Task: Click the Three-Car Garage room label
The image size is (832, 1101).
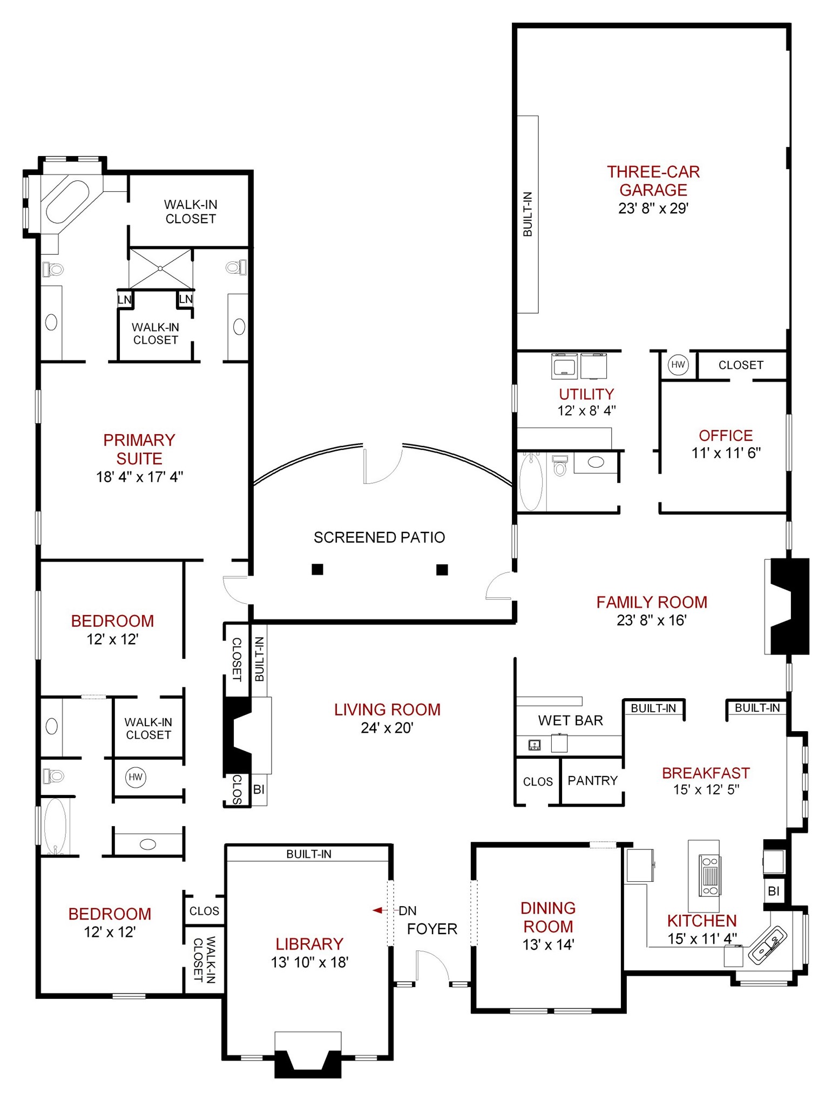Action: coord(653,180)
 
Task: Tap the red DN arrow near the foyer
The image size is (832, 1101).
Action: coord(385,910)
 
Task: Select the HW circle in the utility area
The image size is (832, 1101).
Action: coord(678,364)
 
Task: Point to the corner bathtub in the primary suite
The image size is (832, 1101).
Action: coord(67,201)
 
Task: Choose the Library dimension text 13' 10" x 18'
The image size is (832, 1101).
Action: coord(309,962)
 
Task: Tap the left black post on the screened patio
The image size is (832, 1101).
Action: coord(317,569)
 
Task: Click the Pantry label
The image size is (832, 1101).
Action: coord(592,780)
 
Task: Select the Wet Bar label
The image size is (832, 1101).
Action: coord(570,720)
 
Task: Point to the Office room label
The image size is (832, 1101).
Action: coord(726,435)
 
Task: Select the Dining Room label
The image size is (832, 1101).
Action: coord(548,917)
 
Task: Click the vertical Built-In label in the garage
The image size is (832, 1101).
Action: coord(528,214)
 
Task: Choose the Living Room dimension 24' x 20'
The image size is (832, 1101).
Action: coord(387,728)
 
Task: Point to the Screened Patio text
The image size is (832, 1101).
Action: coord(379,537)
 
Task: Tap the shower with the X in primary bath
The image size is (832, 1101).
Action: coord(160,269)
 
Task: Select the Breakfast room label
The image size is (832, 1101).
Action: coord(706,773)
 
